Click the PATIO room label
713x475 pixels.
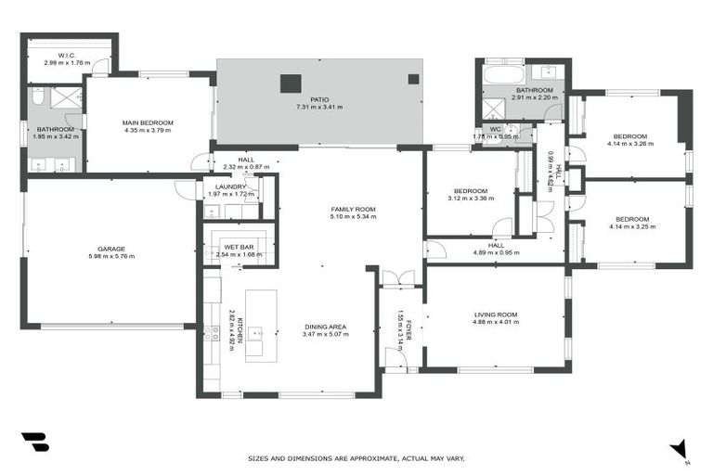(x=319, y=98)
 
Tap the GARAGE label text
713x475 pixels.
(x=111, y=248)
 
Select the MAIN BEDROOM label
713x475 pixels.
(x=149, y=122)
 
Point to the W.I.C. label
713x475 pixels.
(x=66, y=55)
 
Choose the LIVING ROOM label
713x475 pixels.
(x=495, y=315)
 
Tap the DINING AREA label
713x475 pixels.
(x=325, y=326)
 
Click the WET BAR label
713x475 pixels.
(x=239, y=247)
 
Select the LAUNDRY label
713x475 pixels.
(x=230, y=186)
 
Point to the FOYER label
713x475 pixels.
(x=408, y=327)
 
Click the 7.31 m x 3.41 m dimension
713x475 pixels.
(x=319, y=107)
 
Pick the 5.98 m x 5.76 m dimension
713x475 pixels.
(x=111, y=256)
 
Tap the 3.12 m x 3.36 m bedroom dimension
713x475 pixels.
(x=471, y=199)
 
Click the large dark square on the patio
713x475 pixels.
(x=290, y=83)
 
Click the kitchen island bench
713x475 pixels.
(x=261, y=325)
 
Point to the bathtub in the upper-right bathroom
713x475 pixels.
(x=504, y=71)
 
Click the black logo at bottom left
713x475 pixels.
(x=34, y=443)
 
